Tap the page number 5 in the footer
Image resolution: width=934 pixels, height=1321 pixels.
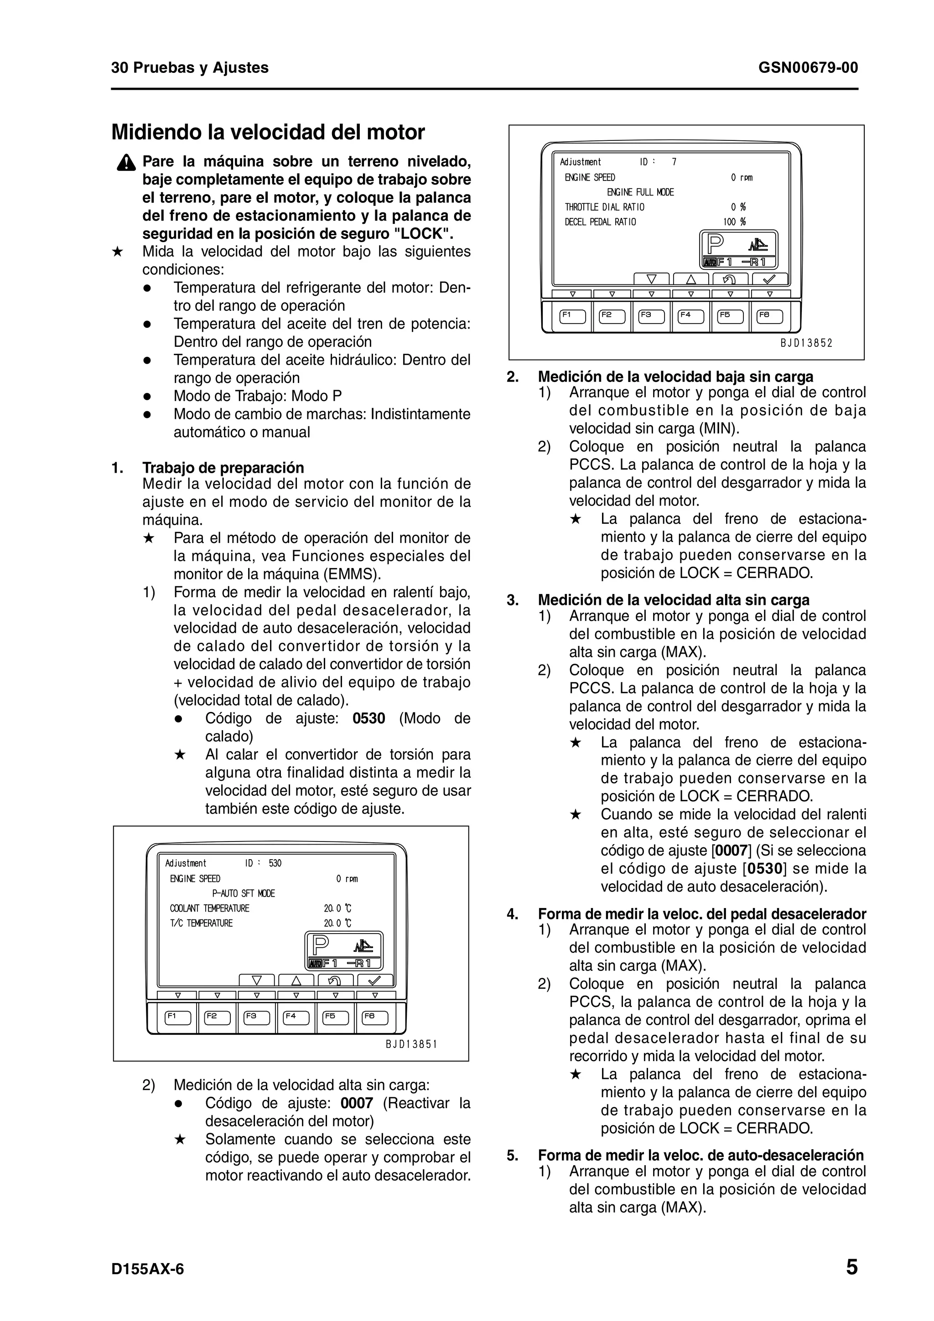(x=852, y=1268)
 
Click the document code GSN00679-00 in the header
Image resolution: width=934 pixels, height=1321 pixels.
(x=808, y=68)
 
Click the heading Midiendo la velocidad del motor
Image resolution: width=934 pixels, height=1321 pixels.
(x=268, y=132)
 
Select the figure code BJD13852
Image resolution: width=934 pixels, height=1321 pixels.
(x=806, y=344)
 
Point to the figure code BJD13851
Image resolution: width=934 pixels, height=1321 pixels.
(x=411, y=1044)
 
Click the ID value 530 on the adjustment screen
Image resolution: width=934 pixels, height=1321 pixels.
(x=275, y=863)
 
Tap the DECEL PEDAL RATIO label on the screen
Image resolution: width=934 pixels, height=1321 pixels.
(x=600, y=222)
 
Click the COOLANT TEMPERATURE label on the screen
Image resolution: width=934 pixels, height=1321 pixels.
(x=209, y=908)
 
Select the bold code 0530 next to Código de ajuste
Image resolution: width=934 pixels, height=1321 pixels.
(x=368, y=718)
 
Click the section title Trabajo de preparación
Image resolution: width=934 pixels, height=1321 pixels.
(x=223, y=468)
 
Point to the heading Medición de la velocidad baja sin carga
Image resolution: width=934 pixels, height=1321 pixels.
(x=675, y=377)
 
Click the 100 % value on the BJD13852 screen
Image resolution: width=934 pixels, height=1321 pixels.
(x=734, y=222)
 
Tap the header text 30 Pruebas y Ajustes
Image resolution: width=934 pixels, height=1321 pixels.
(x=190, y=68)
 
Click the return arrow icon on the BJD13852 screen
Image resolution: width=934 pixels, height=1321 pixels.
(x=730, y=279)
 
